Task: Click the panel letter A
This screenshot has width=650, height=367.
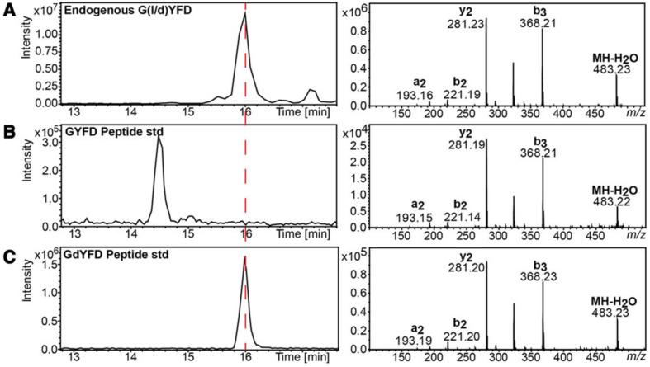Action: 7,7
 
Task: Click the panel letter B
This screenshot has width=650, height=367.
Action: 7,130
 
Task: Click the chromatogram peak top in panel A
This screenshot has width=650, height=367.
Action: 244,14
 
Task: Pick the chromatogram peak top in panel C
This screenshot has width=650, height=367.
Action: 244,257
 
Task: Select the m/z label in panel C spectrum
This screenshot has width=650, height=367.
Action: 635,356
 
